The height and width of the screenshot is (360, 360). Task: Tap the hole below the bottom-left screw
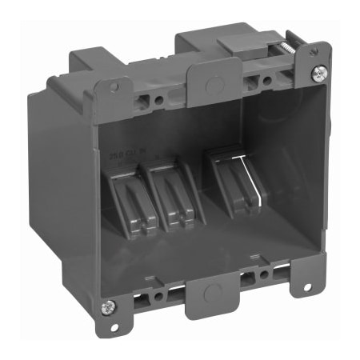(x=113, y=327)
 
